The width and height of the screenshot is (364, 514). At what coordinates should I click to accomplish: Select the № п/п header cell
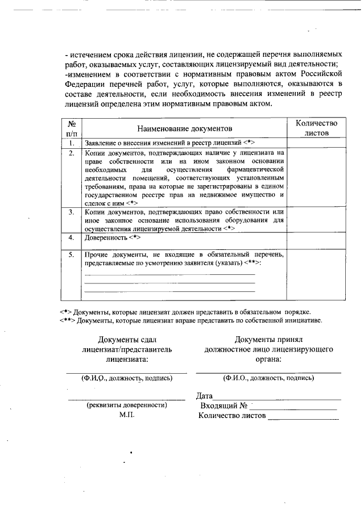pyautogui.click(x=72, y=128)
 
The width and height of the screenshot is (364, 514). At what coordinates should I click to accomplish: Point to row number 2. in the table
pyautogui.click(x=72, y=153)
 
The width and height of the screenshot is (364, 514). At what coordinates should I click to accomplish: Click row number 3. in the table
pyautogui.click(x=72, y=212)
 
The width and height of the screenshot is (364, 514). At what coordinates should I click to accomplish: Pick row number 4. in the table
pyautogui.click(x=72, y=237)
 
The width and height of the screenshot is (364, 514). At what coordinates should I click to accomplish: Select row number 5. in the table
pyautogui.click(x=72, y=255)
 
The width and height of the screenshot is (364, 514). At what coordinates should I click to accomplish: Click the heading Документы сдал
pyautogui.click(x=126, y=339)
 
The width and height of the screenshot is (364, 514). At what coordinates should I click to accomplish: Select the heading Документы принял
pyautogui.click(x=268, y=339)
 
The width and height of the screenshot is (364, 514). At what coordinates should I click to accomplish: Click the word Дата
pyautogui.click(x=204, y=396)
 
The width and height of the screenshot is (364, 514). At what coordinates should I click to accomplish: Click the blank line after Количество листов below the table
pyautogui.click(x=303, y=417)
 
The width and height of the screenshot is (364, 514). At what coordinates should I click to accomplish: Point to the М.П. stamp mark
pyautogui.click(x=126, y=415)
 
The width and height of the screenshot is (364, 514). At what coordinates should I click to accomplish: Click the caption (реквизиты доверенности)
pyautogui.click(x=126, y=406)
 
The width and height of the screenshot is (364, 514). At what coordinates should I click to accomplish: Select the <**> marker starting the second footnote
pyautogui.click(x=67, y=320)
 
